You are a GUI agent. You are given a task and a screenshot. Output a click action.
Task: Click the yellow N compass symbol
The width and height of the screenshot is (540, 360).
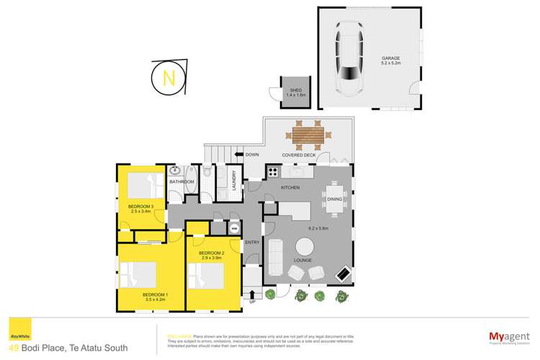point(168,78)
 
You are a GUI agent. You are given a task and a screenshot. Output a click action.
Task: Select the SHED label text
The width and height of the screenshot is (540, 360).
point(296,91)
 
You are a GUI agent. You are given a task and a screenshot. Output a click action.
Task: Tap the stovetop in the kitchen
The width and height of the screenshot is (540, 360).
point(273,171)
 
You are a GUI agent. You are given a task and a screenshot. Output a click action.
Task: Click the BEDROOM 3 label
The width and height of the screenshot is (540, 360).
point(142,207)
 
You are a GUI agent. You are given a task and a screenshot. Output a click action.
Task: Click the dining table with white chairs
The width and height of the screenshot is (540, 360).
point(336,198)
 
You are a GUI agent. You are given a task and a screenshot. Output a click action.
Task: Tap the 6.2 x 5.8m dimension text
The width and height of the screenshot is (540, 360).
point(318,228)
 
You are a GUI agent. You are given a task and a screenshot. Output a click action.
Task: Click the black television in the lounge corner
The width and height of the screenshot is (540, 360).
point(345,275)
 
